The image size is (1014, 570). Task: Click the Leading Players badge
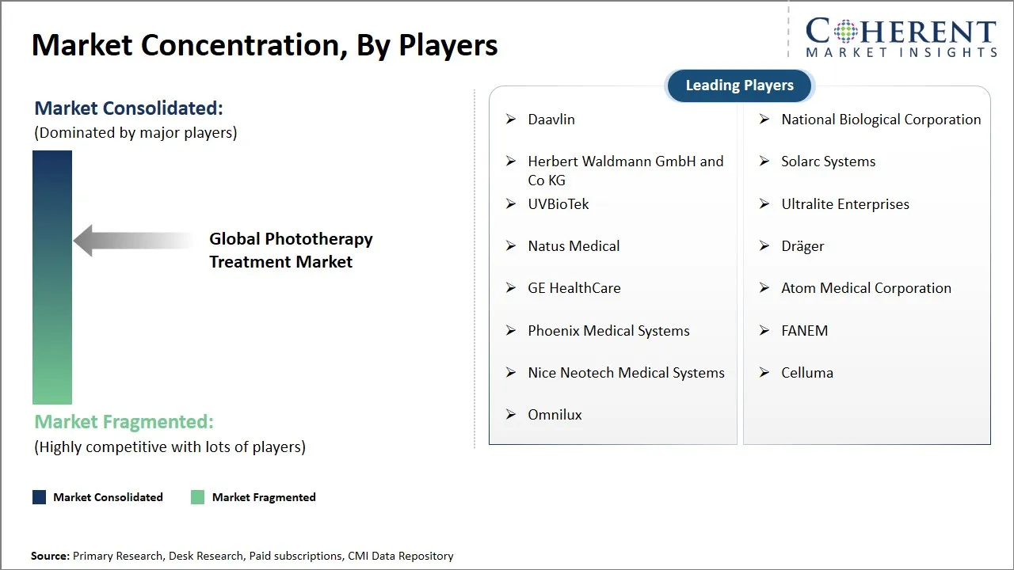[x=739, y=85]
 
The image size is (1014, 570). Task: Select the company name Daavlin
[x=551, y=120]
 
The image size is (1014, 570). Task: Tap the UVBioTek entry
[x=558, y=204]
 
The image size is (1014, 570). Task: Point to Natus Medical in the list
[x=574, y=246]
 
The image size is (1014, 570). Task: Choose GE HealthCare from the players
[x=574, y=288]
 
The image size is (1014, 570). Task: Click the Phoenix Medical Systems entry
[x=608, y=331]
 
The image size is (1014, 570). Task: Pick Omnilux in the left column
[x=555, y=415]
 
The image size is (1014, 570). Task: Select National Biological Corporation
[x=881, y=120]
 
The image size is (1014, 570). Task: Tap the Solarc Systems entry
[x=828, y=161]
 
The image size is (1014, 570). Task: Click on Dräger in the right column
[x=802, y=246]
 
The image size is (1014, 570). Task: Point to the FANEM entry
[x=804, y=331]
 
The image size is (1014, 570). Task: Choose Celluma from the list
[x=806, y=373]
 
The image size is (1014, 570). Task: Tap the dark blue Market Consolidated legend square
[x=39, y=497]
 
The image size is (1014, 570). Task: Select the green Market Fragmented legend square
[x=197, y=497]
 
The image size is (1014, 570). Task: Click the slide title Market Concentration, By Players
[x=265, y=46]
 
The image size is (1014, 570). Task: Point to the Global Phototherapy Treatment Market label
[x=291, y=250]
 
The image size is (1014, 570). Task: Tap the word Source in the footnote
[x=50, y=556]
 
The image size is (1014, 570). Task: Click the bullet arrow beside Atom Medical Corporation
[x=764, y=288]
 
